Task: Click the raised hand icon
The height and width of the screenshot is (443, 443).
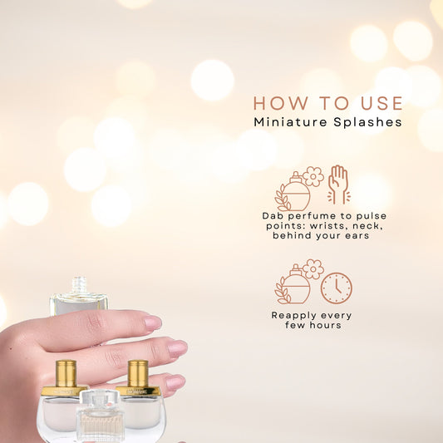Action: pyautogui.click(x=338, y=185)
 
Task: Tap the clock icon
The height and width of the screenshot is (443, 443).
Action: pyautogui.click(x=336, y=288)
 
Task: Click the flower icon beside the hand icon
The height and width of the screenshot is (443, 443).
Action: pyautogui.click(x=313, y=175)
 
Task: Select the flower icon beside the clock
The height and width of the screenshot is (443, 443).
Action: pyautogui.click(x=313, y=268)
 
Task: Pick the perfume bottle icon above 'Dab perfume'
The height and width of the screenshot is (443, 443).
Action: pyautogui.click(x=295, y=193)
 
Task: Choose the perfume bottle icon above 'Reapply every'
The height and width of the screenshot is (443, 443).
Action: pyautogui.click(x=295, y=286)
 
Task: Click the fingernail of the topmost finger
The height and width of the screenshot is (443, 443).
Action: pyautogui.click(x=152, y=322)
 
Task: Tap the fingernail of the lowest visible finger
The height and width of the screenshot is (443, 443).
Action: pyautogui.click(x=175, y=383)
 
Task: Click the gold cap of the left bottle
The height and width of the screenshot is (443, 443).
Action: pyautogui.click(x=66, y=373)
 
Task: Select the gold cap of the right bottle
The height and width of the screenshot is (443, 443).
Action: pyautogui.click(x=138, y=373)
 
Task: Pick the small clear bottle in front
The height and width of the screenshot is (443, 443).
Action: pyautogui.click(x=100, y=416)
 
